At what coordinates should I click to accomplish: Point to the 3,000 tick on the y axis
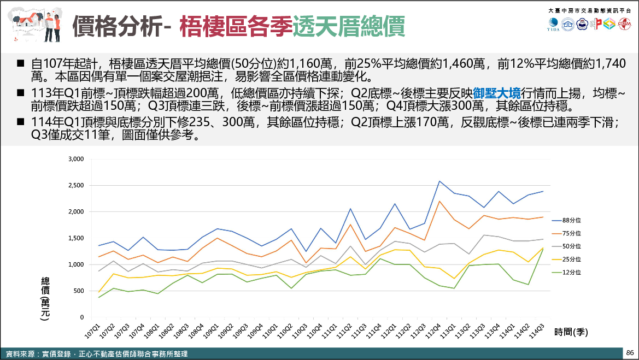pyautogui.click(x=75, y=159)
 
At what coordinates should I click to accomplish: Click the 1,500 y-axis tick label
pyautogui.click(x=75, y=238)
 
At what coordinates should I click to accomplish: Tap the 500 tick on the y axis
pyautogui.click(x=79, y=291)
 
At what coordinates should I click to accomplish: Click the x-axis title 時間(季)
pyautogui.click(x=571, y=331)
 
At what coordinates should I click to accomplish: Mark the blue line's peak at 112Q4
pyautogui.click(x=439, y=181)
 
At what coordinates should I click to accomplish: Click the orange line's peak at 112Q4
pyautogui.click(x=439, y=201)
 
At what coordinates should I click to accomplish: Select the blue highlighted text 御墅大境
pyautogui.click(x=497, y=92)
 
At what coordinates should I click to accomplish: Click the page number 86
pyautogui.click(x=630, y=352)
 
